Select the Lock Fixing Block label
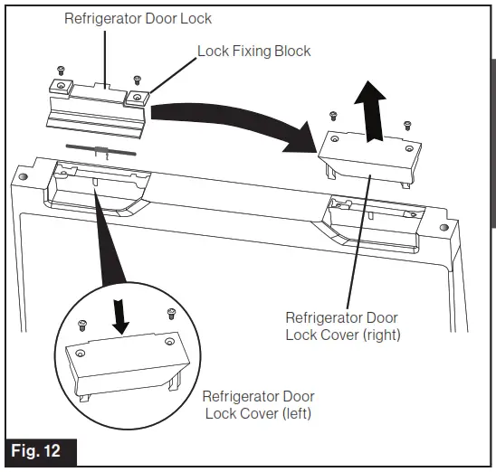[253, 51]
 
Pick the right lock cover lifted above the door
[370, 154]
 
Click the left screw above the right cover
[333, 114]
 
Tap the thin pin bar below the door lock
[101, 150]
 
